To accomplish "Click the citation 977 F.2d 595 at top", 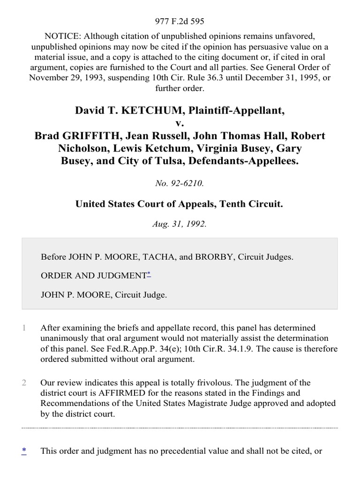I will (180, 21).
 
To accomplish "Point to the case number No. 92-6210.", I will (180, 184).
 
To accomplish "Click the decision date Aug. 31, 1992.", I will (180, 224).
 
